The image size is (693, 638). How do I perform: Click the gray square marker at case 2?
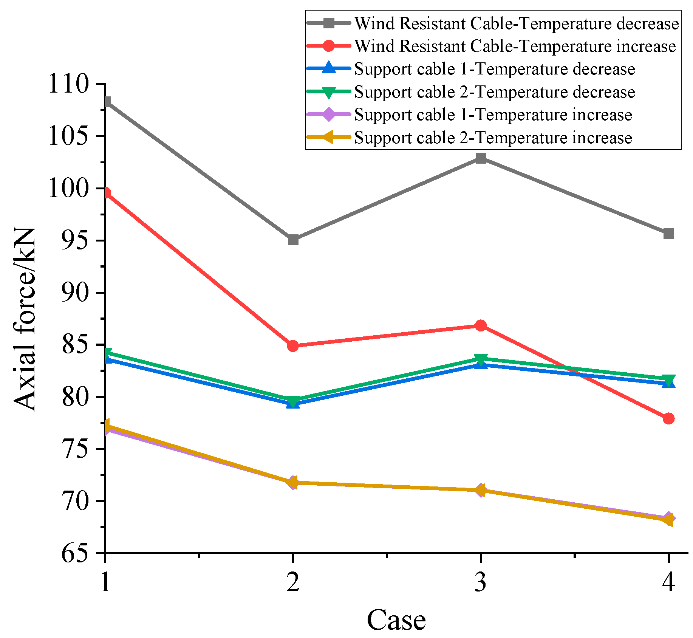[x=293, y=240]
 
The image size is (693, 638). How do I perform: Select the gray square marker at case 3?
[x=481, y=158]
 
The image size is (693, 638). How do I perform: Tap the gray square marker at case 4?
[x=668, y=234]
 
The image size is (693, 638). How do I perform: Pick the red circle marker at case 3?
[x=481, y=325]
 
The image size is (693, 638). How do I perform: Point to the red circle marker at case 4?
[x=668, y=418]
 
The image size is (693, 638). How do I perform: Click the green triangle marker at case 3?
[x=481, y=359]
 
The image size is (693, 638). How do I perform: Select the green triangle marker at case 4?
[x=668, y=379]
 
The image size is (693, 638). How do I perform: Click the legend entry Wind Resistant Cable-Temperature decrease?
[x=516, y=23]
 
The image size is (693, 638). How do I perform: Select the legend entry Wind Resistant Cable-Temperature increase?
[x=515, y=46]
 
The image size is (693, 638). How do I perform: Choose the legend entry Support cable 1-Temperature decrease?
[x=494, y=69]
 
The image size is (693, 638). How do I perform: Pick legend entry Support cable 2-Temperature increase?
[x=493, y=138]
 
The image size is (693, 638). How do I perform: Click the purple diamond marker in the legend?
[x=329, y=115]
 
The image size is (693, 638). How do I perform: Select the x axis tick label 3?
[x=481, y=582]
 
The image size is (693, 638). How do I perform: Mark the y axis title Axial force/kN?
[x=25, y=319]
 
